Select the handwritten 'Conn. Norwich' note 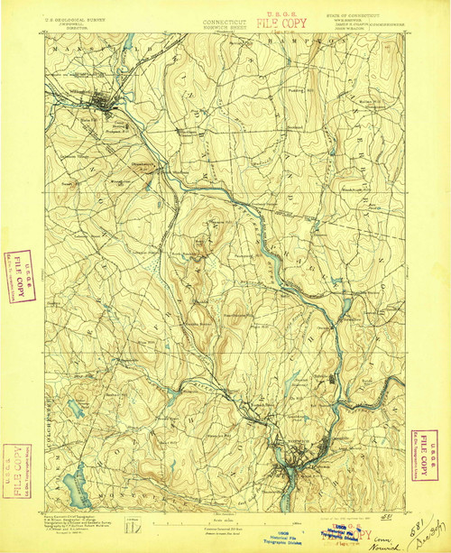click(x=383, y=539)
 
